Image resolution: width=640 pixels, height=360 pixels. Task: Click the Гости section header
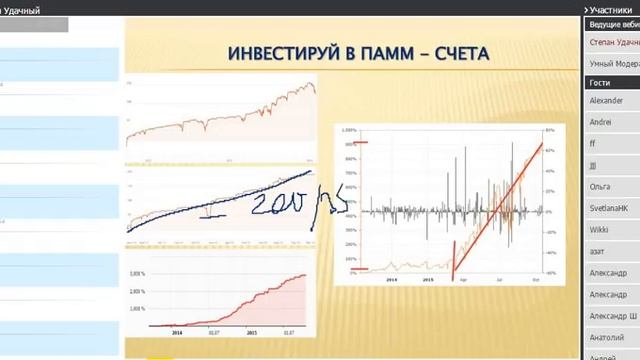(x=601, y=82)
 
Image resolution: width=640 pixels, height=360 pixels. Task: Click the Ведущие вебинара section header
(x=612, y=23)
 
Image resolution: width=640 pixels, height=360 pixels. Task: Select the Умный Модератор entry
(x=613, y=61)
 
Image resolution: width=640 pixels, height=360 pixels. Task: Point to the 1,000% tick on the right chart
(x=349, y=130)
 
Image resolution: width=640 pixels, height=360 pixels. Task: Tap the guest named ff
(x=593, y=144)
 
